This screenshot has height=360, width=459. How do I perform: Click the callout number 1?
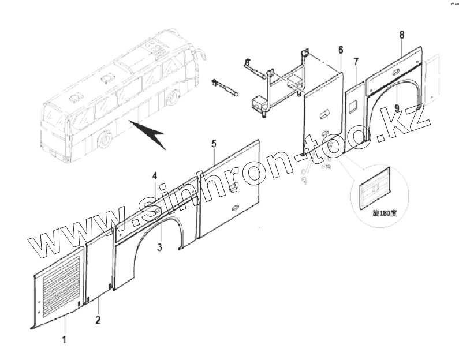tap(65, 340)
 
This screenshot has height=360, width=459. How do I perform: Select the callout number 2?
tap(98, 320)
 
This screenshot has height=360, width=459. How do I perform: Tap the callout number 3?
tap(159, 247)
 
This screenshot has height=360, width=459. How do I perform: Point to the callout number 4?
tap(154, 175)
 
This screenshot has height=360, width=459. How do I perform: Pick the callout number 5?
tap(214, 143)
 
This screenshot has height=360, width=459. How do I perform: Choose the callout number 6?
tap(341, 49)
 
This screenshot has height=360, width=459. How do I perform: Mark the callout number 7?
tap(356, 61)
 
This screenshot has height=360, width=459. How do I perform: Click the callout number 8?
tap(401, 35)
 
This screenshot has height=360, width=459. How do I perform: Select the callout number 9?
tap(397, 107)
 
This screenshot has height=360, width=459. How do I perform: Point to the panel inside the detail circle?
tap(375, 188)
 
